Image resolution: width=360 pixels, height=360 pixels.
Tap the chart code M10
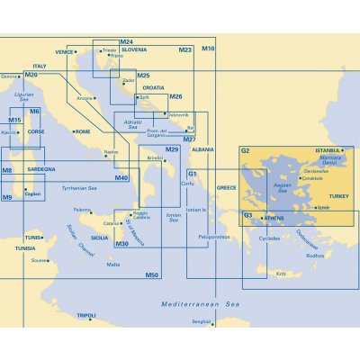(x=208, y=48)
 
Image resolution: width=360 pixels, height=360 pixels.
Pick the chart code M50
(x=152, y=274)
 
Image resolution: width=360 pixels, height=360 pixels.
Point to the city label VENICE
(x=65, y=52)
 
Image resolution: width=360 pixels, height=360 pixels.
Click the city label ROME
(x=83, y=131)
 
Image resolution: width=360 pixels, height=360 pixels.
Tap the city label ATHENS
(x=274, y=218)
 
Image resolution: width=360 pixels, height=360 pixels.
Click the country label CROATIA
(x=155, y=88)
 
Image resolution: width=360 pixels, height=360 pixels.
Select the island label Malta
(x=113, y=265)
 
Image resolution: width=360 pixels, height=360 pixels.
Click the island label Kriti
(x=281, y=273)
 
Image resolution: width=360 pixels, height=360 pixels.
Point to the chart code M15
(x=14, y=120)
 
